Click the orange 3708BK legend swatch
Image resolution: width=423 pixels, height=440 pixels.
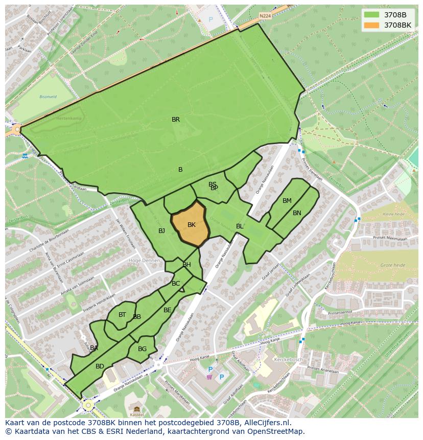point(372,25)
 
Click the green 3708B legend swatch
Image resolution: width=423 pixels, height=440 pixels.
point(372,14)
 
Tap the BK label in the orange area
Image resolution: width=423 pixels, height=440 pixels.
point(192,225)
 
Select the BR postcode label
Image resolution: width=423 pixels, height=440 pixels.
point(176,120)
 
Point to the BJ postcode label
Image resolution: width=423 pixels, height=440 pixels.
point(161,231)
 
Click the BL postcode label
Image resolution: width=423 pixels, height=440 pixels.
point(240,226)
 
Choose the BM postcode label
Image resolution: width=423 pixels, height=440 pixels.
point(287,201)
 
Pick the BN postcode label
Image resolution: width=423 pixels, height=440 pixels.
point(297,213)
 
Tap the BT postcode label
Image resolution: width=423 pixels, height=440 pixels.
point(122,315)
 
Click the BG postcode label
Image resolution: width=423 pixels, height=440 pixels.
point(142,349)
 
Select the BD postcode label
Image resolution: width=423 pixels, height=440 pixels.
point(100,366)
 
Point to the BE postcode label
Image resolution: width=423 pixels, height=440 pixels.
point(168,310)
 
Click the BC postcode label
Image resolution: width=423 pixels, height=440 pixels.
point(176,284)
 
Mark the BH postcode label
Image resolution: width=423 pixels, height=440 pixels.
point(186,265)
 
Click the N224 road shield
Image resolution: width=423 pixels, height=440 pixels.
point(265,16)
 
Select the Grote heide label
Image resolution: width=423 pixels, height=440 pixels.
point(392,265)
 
